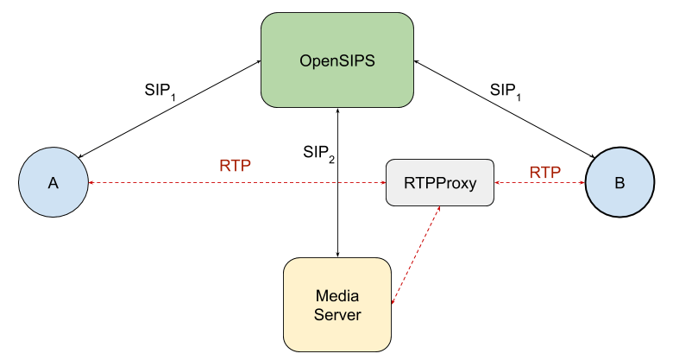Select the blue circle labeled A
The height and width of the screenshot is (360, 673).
coord(53,183)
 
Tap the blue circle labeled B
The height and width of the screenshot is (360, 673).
coord(619,183)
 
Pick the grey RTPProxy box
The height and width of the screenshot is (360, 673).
coord(440,183)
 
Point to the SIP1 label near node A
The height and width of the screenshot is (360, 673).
coord(160,91)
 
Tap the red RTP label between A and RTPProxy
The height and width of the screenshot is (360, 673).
coord(236,166)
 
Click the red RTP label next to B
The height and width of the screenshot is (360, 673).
coord(545,173)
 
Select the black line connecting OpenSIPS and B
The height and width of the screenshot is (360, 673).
coord(505,109)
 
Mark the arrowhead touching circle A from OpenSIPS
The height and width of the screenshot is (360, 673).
coord(83,155)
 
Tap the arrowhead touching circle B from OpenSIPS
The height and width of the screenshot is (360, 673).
coord(592,155)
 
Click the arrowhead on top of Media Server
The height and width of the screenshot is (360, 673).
coord(338,254)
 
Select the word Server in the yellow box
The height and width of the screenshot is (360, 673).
coord(337,315)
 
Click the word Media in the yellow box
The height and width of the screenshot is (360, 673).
coord(337,295)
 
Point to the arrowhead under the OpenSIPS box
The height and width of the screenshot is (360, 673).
coord(338,113)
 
